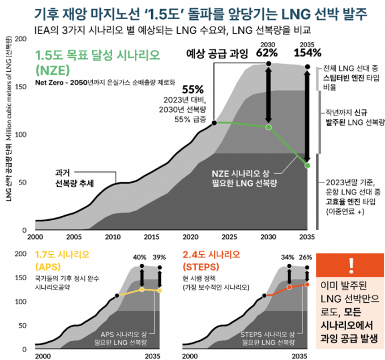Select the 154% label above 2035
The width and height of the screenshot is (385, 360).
coord(307,54)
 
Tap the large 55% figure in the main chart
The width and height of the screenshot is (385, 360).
coord(192,89)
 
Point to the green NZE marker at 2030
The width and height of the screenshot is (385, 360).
coord(268,127)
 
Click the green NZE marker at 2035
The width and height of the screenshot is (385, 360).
coord(307,165)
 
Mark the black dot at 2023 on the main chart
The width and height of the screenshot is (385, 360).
coord(213,122)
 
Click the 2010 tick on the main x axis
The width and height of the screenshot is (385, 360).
coord(113,237)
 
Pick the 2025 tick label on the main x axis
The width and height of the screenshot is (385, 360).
coord(229,237)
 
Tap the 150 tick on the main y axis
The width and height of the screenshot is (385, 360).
coord(19,87)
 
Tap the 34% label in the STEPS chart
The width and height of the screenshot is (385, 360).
coord(288,257)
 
